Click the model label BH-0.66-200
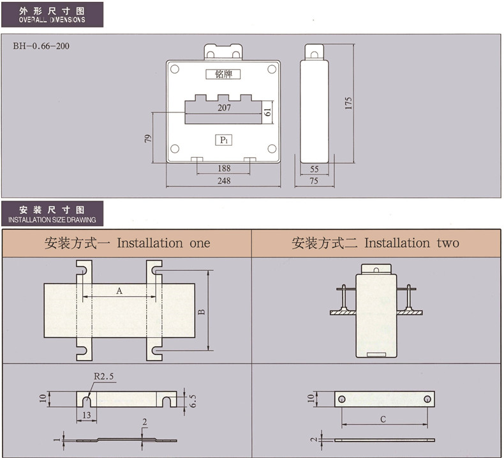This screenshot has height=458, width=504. click(x=41, y=47)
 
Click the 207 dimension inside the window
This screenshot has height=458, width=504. click(x=224, y=108)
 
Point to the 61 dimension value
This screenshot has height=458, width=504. click(x=268, y=112)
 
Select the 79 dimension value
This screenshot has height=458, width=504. click(x=148, y=137)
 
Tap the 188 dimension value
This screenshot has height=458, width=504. click(x=224, y=168)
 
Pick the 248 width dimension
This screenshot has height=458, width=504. click(x=223, y=181)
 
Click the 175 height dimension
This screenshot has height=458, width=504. click(x=348, y=103)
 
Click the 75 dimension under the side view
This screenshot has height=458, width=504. click(x=314, y=181)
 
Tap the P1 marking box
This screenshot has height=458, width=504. click(x=224, y=140)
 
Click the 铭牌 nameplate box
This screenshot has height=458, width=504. click(x=223, y=74)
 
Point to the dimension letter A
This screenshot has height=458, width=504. click(x=119, y=291)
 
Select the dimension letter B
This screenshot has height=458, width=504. click(x=200, y=312)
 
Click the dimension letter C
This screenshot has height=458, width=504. click(x=383, y=419)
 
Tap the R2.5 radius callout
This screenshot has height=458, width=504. click(x=103, y=376)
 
